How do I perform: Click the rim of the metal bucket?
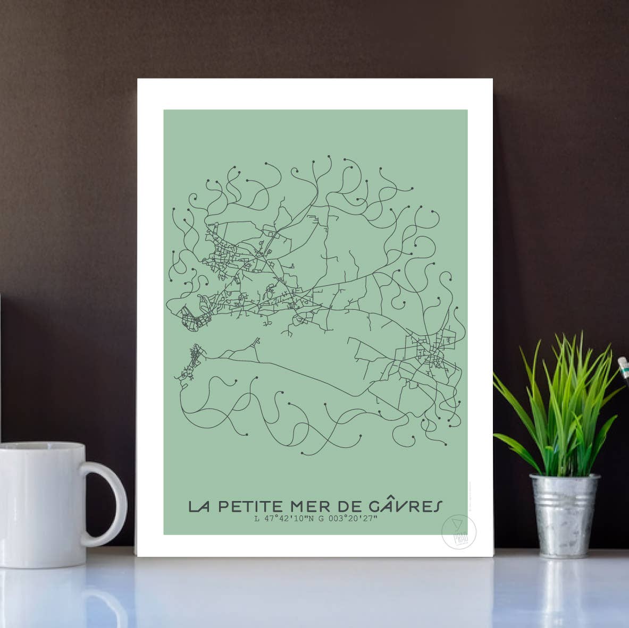point(565,477)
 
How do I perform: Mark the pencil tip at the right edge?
point(622,364)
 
